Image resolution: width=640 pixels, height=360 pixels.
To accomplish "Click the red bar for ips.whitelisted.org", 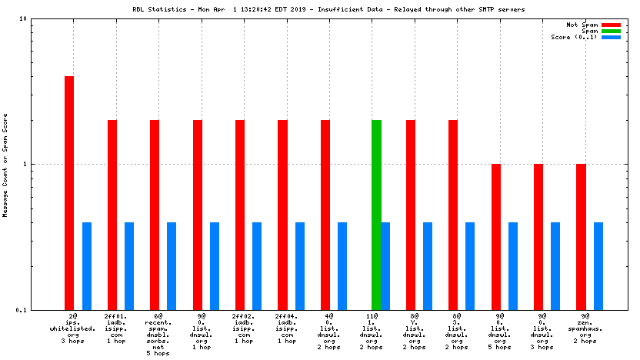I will coord(69,192).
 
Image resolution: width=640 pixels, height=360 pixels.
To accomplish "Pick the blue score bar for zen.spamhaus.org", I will coord(598,265).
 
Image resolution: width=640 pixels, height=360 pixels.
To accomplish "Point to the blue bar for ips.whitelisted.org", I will coord(87,265).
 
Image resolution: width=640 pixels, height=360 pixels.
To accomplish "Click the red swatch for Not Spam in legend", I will coord(611,25).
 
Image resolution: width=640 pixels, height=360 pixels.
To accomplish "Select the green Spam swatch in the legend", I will coord(611,31).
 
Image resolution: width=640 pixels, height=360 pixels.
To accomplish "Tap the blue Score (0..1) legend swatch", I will coord(611,37).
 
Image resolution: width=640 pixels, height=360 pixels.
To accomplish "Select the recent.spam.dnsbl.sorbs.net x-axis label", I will coord(158,334).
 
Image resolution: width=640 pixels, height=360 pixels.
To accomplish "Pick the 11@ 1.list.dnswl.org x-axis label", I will coord(372,332).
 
